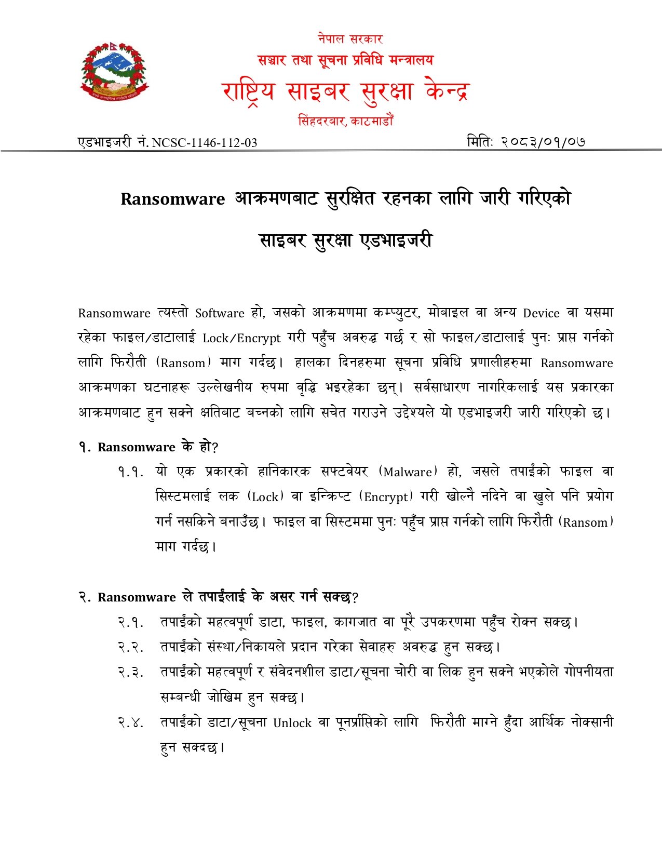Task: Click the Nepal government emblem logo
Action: pos(114,72)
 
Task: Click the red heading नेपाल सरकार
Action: pos(350,39)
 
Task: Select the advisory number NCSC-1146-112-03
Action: pos(204,143)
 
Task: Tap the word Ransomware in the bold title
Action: pos(173,199)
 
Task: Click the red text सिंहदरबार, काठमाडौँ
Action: pos(345,121)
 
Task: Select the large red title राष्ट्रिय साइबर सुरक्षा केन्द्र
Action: pos(345,91)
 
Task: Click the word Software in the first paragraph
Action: pos(220,313)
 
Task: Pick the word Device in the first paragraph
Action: pos(541,313)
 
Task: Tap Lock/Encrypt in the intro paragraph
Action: pos(241,338)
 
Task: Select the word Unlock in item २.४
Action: pos(292,723)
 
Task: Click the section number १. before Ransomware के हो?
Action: pos(85,447)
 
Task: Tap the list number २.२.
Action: pos(130,647)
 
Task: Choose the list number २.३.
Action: pos(130,672)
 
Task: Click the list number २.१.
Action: pos(130,622)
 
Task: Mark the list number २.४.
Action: pos(130,722)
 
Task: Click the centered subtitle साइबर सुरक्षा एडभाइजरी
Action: pos(345,240)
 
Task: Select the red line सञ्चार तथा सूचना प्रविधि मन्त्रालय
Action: pos(345,60)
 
